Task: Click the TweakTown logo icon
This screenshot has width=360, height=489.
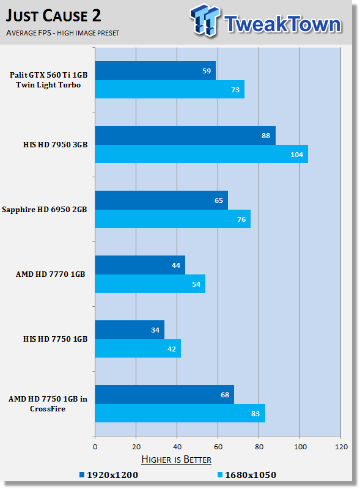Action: click(x=205, y=20)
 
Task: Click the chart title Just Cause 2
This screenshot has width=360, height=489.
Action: click(x=53, y=16)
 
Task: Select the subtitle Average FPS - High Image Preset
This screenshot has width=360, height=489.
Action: click(x=62, y=33)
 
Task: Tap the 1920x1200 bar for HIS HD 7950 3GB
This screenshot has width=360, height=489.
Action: click(x=185, y=135)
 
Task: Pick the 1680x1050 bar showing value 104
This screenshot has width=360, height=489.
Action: click(x=202, y=154)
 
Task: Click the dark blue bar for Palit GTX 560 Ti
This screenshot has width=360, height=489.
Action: click(x=155, y=70)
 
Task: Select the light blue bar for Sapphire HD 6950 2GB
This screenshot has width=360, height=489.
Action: click(x=173, y=219)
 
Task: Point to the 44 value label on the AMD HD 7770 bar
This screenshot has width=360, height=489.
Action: click(x=176, y=265)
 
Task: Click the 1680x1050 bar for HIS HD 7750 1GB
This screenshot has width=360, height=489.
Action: click(x=138, y=348)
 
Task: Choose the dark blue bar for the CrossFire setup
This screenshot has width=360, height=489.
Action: click(x=164, y=394)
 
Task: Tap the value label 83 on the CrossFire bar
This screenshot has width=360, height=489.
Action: click(x=255, y=414)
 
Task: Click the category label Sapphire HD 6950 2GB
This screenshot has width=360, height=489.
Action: click(x=44, y=210)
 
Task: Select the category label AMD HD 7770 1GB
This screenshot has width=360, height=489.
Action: click(x=51, y=274)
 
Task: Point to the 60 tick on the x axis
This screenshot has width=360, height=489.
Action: click(x=218, y=447)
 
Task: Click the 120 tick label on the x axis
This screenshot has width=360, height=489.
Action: click(x=341, y=447)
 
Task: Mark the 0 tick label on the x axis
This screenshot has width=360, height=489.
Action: click(x=95, y=447)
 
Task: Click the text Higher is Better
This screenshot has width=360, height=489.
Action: click(x=176, y=460)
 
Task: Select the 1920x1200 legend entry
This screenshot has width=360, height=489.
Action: click(x=109, y=475)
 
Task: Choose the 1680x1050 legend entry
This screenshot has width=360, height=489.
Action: click(x=247, y=475)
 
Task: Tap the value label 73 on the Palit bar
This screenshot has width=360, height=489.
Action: click(x=235, y=90)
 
